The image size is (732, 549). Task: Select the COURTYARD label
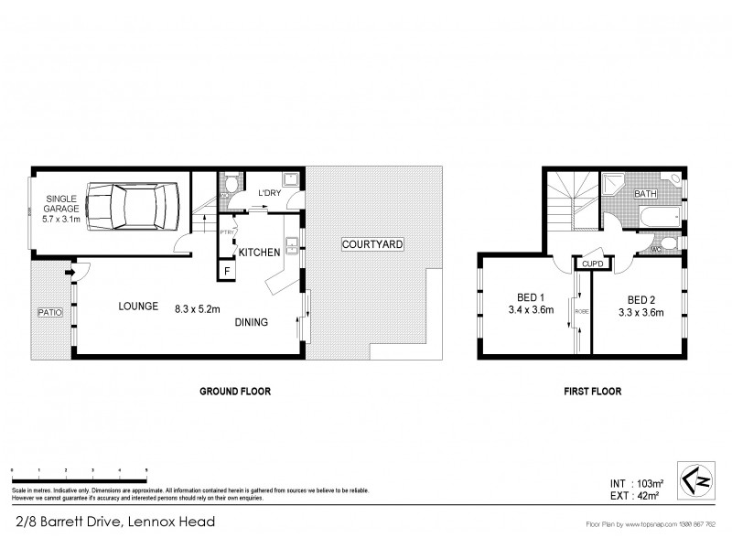[371, 245]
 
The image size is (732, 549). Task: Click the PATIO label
[49, 313]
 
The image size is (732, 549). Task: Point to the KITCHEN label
[259, 252]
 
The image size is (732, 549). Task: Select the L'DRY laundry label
[269, 192]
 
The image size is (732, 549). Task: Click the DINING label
[252, 321]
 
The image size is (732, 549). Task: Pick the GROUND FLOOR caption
[235, 391]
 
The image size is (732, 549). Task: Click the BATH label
[646, 194]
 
